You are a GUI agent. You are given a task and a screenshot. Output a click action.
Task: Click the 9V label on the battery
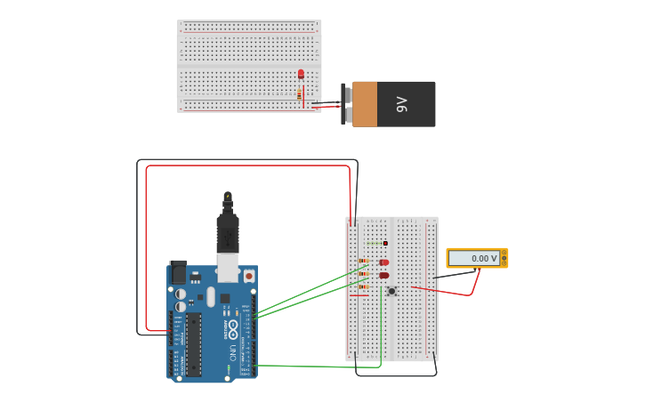click(x=401, y=104)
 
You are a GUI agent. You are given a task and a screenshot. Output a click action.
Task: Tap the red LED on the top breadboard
click(x=301, y=74)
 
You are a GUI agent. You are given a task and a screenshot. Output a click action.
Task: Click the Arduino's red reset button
click(x=247, y=277)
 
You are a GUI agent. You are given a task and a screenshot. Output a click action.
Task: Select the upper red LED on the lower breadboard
click(x=384, y=262)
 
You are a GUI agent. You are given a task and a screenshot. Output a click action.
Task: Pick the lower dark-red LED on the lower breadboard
click(x=384, y=276)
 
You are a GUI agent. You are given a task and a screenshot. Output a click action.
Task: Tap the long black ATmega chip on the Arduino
click(x=193, y=343)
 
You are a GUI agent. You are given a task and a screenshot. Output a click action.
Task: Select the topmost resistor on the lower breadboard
click(x=364, y=261)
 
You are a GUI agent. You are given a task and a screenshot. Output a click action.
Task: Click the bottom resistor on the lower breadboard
click(x=364, y=286)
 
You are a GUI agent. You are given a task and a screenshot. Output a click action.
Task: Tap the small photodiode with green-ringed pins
click(x=385, y=243)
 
